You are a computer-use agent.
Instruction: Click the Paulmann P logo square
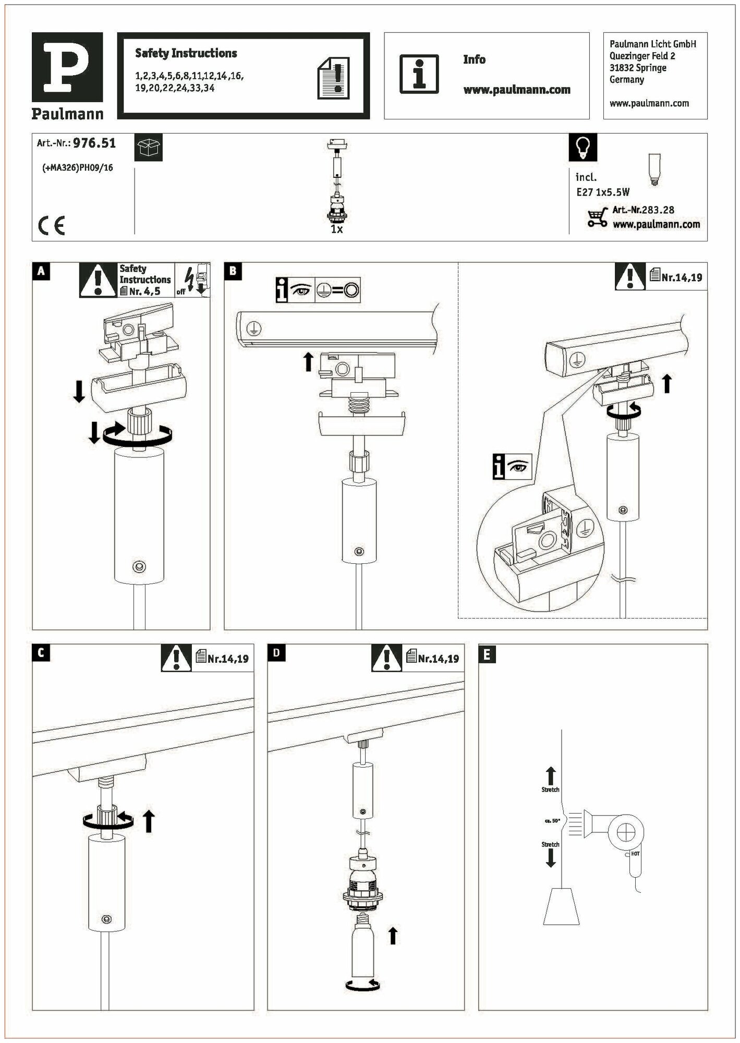(67, 67)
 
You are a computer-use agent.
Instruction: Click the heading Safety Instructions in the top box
(186, 53)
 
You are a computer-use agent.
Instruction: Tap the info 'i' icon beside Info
(419, 74)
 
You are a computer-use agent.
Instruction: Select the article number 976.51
(94, 143)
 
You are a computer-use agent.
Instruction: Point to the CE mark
(52, 226)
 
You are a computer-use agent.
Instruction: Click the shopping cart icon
(598, 216)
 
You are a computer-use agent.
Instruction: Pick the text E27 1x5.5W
(602, 192)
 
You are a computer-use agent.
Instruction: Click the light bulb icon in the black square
(583, 148)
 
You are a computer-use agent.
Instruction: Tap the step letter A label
(41, 271)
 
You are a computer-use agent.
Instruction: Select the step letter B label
(233, 271)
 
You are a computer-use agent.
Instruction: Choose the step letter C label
(41, 652)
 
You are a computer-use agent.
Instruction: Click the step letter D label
(276, 652)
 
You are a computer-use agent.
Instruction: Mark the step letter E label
(487, 654)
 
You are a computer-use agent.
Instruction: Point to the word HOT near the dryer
(635, 854)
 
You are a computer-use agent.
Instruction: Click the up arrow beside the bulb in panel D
(393, 935)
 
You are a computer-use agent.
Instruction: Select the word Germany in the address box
(626, 80)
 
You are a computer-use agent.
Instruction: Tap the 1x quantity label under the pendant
(337, 229)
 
